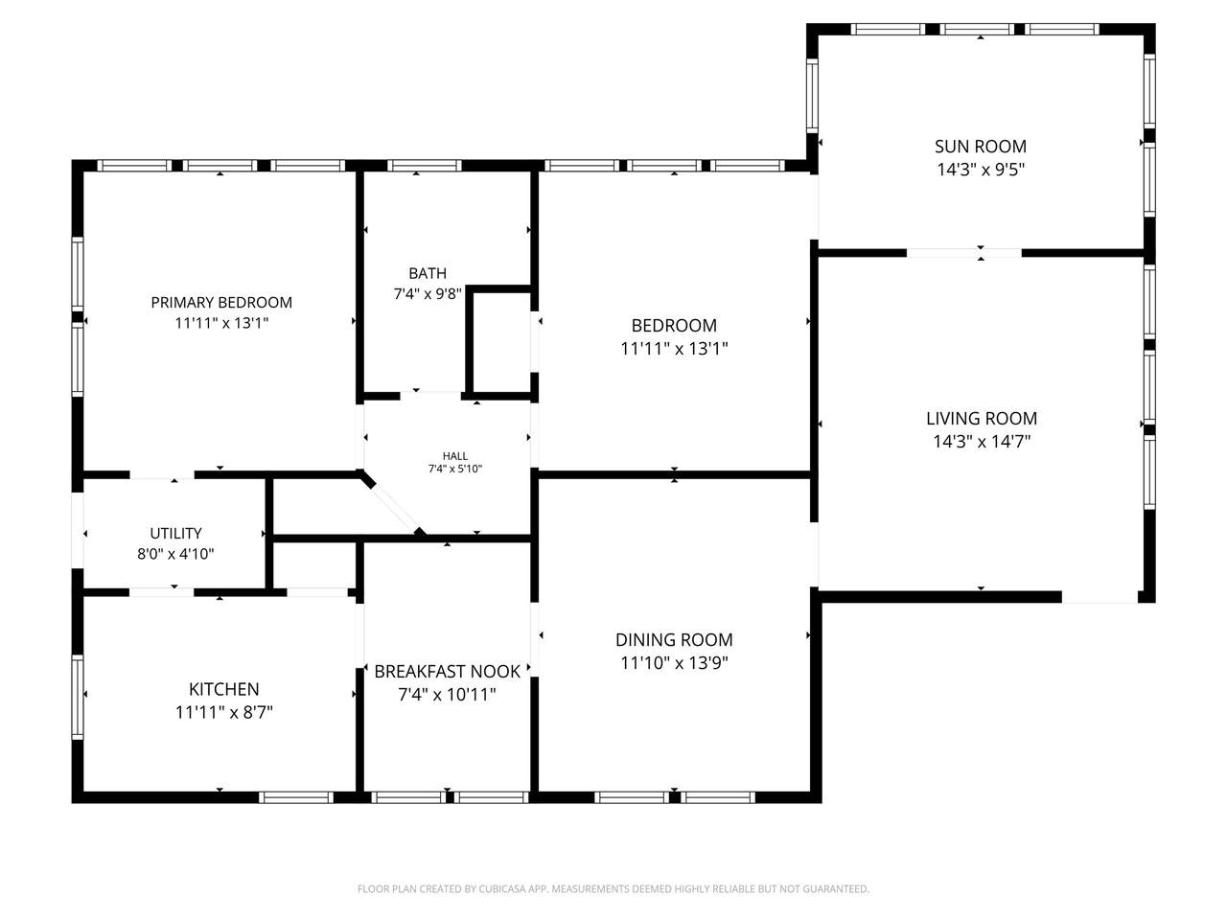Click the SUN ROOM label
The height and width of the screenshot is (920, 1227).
980,147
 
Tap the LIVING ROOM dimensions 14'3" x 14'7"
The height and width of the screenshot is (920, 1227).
981,441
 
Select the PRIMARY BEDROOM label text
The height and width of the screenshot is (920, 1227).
221,302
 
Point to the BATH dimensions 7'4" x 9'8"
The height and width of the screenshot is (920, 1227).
428,294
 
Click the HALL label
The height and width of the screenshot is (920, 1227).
455,456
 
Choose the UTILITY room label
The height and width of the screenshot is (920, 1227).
175,533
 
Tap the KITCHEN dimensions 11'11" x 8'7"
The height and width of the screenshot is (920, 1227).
223,712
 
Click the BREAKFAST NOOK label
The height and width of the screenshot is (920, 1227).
448,672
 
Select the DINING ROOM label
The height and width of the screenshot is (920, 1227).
674,639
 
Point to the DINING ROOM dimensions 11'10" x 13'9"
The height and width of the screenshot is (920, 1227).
674,662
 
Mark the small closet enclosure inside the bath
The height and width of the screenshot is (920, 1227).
500,341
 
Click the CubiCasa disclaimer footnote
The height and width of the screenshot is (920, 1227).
613,888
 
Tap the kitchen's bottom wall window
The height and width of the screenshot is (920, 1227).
296,797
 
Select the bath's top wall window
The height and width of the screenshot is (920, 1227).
425,166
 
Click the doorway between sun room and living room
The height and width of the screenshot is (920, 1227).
963,253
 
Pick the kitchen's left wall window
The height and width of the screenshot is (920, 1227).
78,697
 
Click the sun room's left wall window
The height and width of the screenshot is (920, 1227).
812,96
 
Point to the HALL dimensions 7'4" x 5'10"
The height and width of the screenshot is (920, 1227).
455,469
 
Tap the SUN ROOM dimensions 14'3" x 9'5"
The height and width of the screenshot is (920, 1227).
981,169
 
